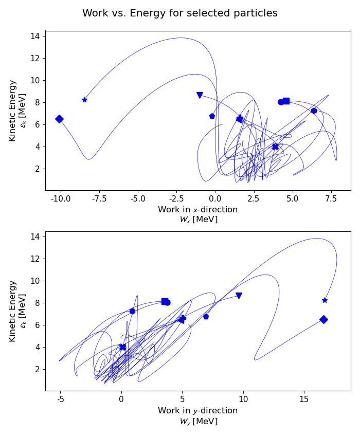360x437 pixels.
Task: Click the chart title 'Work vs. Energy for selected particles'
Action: pyautogui.click(x=180, y=13)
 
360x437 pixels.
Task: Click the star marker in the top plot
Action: pyautogui.click(x=84, y=100)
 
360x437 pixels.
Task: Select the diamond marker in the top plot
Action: pyautogui.click(x=59, y=119)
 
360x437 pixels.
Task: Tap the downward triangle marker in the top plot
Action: pyautogui.click(x=200, y=95)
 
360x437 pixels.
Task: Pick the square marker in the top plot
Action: pyautogui.click(x=286, y=101)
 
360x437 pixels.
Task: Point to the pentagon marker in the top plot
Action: pyautogui.click(x=212, y=116)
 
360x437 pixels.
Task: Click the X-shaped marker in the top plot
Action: pyautogui.click(x=275, y=147)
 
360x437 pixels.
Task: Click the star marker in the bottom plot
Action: pyautogui.click(x=325, y=300)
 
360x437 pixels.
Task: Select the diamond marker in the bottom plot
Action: pyautogui.click(x=323, y=319)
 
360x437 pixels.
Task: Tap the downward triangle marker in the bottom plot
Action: pyautogui.click(x=239, y=296)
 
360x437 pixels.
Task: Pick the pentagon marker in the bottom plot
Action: pyautogui.click(x=206, y=317)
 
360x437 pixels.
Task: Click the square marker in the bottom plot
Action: pyautogui.click(x=165, y=302)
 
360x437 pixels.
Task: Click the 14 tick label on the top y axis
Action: pyautogui.click(x=35, y=36)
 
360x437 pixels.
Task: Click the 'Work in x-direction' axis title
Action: pyautogui.click(x=198, y=210)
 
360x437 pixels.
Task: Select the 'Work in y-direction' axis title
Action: pyautogui.click(x=198, y=411)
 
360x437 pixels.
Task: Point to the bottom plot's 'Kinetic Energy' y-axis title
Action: pyautogui.click(x=13, y=311)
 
